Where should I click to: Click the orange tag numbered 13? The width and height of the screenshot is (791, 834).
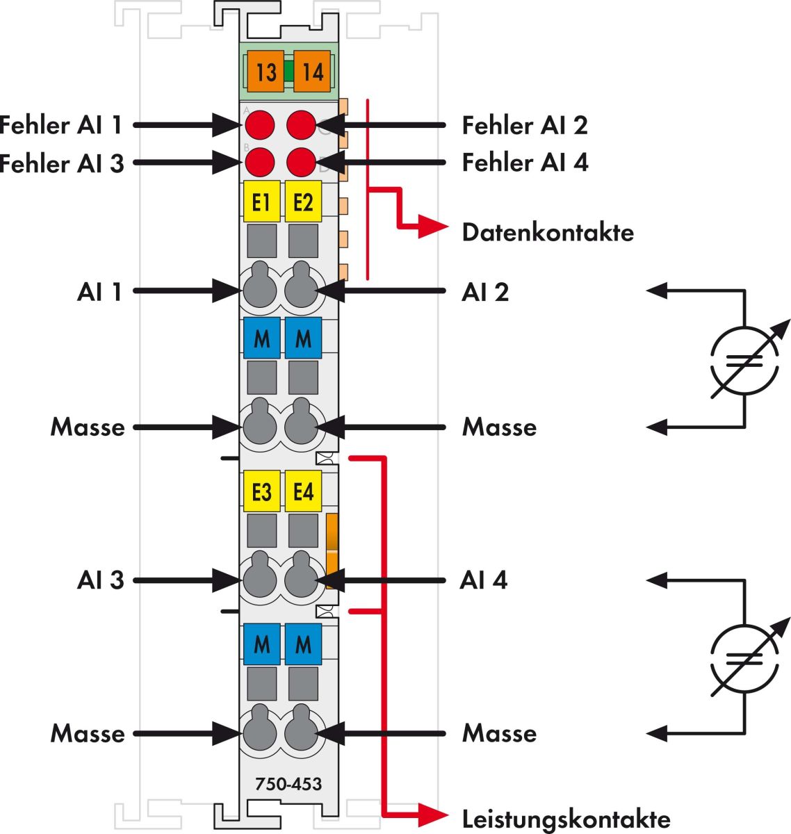click(265, 71)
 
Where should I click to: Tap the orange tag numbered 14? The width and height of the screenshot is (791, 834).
click(312, 71)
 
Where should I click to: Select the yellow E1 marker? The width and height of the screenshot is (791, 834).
click(261, 202)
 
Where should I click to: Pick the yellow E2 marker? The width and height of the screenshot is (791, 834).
click(303, 202)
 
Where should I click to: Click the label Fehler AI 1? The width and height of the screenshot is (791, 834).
click(61, 125)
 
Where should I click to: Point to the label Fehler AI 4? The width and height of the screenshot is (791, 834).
click(525, 163)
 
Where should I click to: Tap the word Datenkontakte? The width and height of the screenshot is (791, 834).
click(548, 231)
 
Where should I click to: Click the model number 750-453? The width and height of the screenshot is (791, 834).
click(288, 785)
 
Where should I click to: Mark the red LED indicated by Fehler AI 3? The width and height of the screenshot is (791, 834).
click(260, 162)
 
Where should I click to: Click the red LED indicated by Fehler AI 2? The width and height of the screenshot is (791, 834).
click(301, 125)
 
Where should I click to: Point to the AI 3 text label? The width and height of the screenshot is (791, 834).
click(100, 580)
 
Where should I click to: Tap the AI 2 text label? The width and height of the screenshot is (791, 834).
click(485, 292)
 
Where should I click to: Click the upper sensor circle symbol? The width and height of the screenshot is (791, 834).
click(744, 359)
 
